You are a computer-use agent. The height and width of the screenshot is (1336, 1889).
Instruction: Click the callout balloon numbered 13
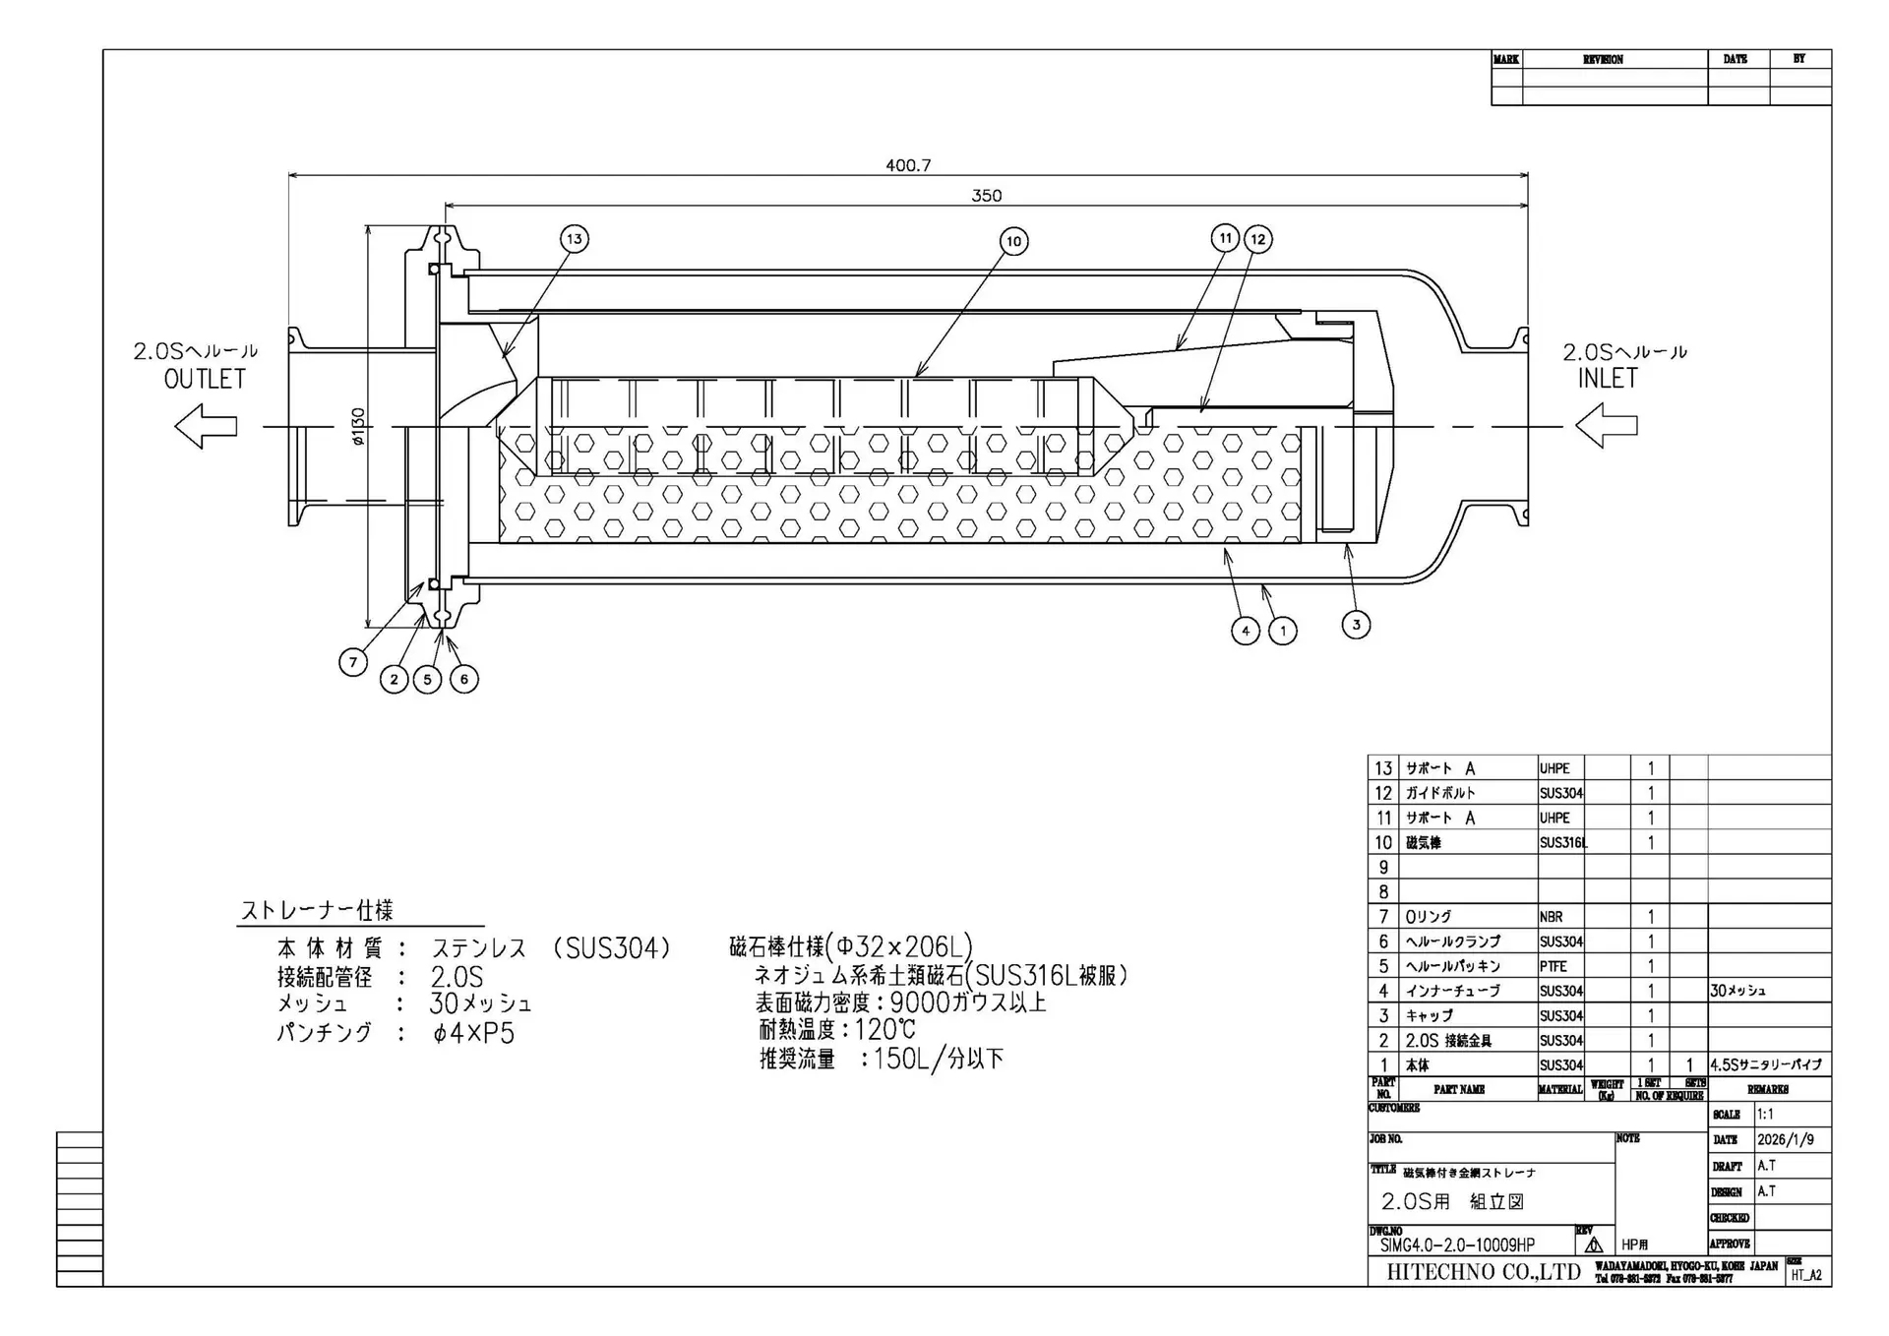pos(575,238)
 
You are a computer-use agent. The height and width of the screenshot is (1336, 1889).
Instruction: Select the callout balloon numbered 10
pos(1013,241)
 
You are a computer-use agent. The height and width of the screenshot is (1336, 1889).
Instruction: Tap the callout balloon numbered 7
pos(353,662)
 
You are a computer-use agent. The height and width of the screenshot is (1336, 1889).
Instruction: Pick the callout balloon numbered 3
pos(1356,624)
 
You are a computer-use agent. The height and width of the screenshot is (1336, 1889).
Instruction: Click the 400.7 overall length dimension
pos(907,165)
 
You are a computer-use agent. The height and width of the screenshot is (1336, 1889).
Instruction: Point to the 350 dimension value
pos(986,196)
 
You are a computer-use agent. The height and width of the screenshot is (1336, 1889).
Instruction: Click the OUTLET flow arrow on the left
pos(206,427)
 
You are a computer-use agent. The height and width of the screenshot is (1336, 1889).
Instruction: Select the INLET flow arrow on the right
pos(1606,426)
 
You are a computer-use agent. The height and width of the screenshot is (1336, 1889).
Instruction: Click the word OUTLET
pos(205,380)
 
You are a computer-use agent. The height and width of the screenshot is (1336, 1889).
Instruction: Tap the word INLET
pos(1608,379)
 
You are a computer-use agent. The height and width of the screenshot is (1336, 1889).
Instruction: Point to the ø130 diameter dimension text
pos(358,426)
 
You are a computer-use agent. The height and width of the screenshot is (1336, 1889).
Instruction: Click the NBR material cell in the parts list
pos(1552,917)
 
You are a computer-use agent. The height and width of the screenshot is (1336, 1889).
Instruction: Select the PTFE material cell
pos(1554,966)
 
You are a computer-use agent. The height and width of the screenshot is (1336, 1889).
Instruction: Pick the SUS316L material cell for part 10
pos(1562,843)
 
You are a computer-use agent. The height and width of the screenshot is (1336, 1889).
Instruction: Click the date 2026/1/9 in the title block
pos(1786,1139)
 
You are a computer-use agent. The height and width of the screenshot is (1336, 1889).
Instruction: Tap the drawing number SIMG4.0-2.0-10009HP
pos(1457,1245)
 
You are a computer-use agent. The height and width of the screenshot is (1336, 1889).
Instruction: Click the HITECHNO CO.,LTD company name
pos(1483,1272)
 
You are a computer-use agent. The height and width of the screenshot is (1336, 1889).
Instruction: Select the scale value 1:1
pos(1765,1115)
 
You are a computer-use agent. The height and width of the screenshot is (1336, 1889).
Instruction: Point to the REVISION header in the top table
pos(1603,59)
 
